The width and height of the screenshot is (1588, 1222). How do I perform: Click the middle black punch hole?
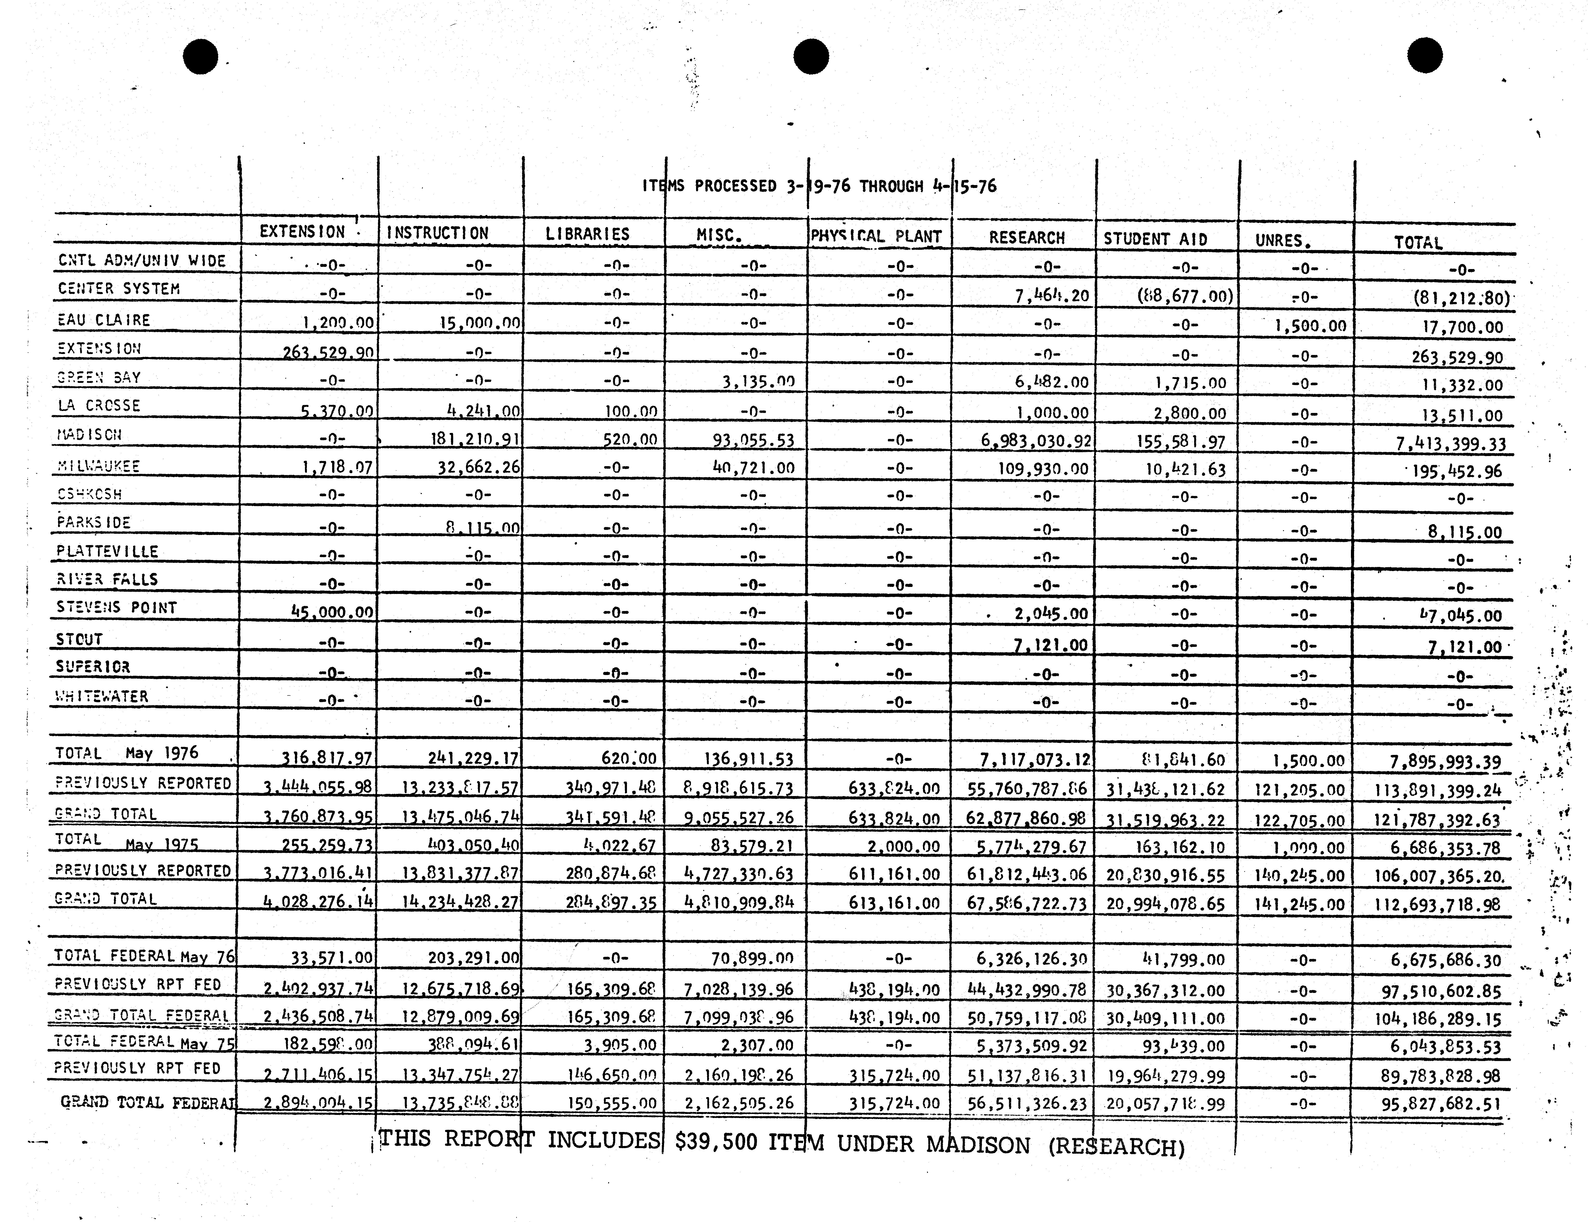(x=811, y=57)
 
